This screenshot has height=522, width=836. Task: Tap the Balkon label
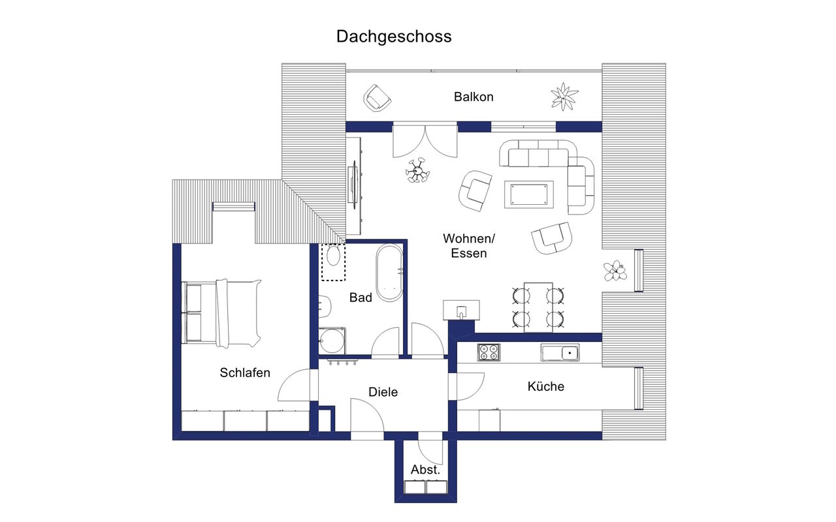474,97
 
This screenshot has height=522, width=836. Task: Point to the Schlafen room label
245,373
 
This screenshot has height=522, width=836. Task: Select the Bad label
361,298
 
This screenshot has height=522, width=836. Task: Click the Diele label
383,392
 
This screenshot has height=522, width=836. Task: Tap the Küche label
545,386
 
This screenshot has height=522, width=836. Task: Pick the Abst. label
425,470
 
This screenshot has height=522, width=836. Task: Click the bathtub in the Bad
390,273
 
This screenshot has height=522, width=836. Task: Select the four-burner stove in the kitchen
489,352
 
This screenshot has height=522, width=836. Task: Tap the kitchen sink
560,352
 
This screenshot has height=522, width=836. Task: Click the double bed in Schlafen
221,313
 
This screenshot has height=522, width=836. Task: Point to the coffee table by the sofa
529,194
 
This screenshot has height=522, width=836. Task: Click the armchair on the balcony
377,98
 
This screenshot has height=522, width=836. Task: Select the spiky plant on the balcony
564,97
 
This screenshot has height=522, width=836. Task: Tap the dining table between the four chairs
538,307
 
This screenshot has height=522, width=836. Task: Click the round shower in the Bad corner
332,341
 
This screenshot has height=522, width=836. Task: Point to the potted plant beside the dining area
615,270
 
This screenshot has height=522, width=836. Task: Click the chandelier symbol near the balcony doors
417,171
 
